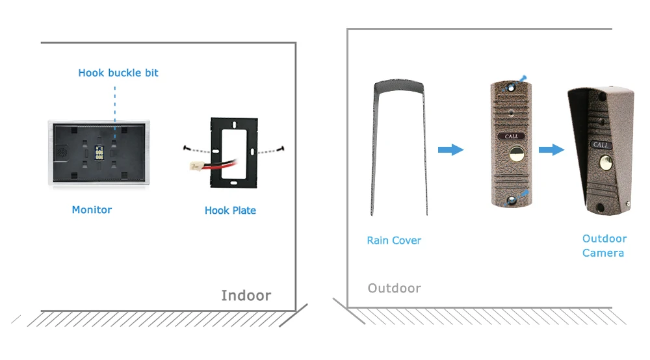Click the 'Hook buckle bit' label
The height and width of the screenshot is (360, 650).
[118, 73]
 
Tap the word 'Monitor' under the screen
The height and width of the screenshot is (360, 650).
[92, 210]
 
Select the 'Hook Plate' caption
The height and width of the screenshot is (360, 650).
[230, 211]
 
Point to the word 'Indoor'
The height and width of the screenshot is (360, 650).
[246, 296]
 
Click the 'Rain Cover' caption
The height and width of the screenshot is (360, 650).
[394, 240]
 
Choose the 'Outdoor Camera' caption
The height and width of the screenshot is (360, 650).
[604, 246]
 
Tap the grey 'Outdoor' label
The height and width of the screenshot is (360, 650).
[394, 288]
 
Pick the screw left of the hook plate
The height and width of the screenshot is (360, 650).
[185, 147]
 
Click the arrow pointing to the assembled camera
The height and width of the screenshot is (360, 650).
[551, 150]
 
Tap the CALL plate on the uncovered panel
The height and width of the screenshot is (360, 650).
[512, 136]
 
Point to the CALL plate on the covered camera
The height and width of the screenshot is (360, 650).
[601, 146]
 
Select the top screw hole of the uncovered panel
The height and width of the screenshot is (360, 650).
[511, 86]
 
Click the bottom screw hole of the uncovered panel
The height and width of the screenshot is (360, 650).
[513, 198]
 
